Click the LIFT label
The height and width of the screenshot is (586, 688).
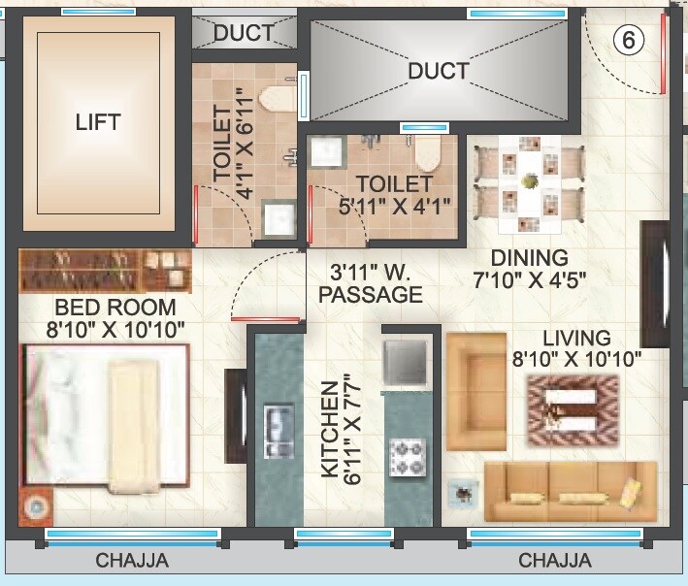pyautogui.click(x=98, y=122)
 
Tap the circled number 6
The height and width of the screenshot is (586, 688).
pyautogui.click(x=629, y=41)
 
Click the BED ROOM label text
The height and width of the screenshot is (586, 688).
pyautogui.click(x=115, y=318)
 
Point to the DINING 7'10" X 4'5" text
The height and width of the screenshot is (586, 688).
pyautogui.click(x=529, y=269)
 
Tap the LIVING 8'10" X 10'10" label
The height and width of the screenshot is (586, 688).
pyautogui.click(x=576, y=348)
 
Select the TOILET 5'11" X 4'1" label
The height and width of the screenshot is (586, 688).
pyautogui.click(x=393, y=195)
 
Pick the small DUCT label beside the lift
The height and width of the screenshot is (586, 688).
pyautogui.click(x=244, y=32)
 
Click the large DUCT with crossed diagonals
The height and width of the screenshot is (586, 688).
pyautogui.click(x=438, y=70)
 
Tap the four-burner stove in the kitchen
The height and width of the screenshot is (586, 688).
pyautogui.click(x=407, y=455)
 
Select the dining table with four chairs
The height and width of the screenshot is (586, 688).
pyautogui.click(x=528, y=182)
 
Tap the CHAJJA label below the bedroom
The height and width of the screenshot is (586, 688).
pyautogui.click(x=132, y=561)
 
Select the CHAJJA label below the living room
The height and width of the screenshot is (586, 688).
pyautogui.click(x=554, y=561)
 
